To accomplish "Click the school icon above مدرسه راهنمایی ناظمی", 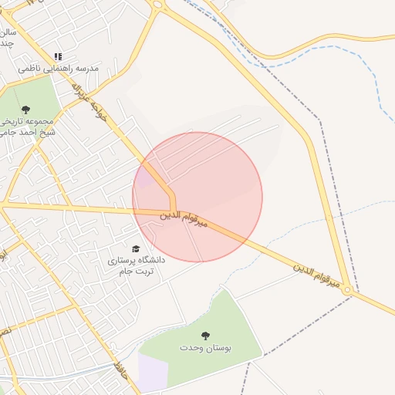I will click(x=58, y=56).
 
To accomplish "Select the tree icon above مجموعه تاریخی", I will click(x=26, y=110).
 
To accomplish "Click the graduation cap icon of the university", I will click(x=137, y=248).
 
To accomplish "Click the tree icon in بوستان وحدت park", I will click(x=205, y=335).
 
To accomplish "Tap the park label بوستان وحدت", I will click(x=208, y=348).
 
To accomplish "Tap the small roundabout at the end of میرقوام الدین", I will click(x=348, y=290).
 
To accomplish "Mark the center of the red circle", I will click(x=197, y=197).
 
